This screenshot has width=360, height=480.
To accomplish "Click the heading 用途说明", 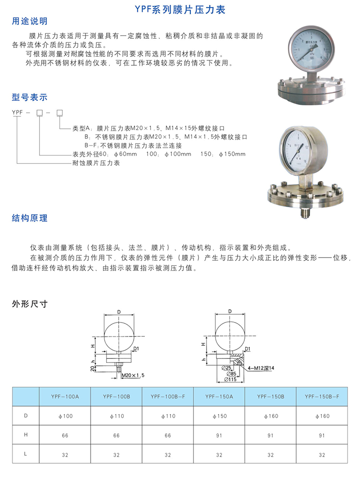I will tap(29, 22).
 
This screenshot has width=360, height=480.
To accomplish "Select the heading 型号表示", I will tap(29, 98).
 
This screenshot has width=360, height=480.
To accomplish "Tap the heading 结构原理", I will tap(29, 218).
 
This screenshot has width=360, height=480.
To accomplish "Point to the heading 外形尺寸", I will tap(29, 304).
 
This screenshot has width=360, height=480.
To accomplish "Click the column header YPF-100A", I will tap(65, 397).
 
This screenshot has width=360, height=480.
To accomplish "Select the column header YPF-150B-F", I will tap(321, 397).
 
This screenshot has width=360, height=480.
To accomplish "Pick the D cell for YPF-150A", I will tap(219, 416).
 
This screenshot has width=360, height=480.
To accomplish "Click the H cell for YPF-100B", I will tap(117, 435).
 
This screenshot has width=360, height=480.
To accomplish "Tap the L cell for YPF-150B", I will tap(270, 455).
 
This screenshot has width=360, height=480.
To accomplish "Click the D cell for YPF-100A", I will tap(65, 416).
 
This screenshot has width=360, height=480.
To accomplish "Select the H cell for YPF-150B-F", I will tap(321, 435).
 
